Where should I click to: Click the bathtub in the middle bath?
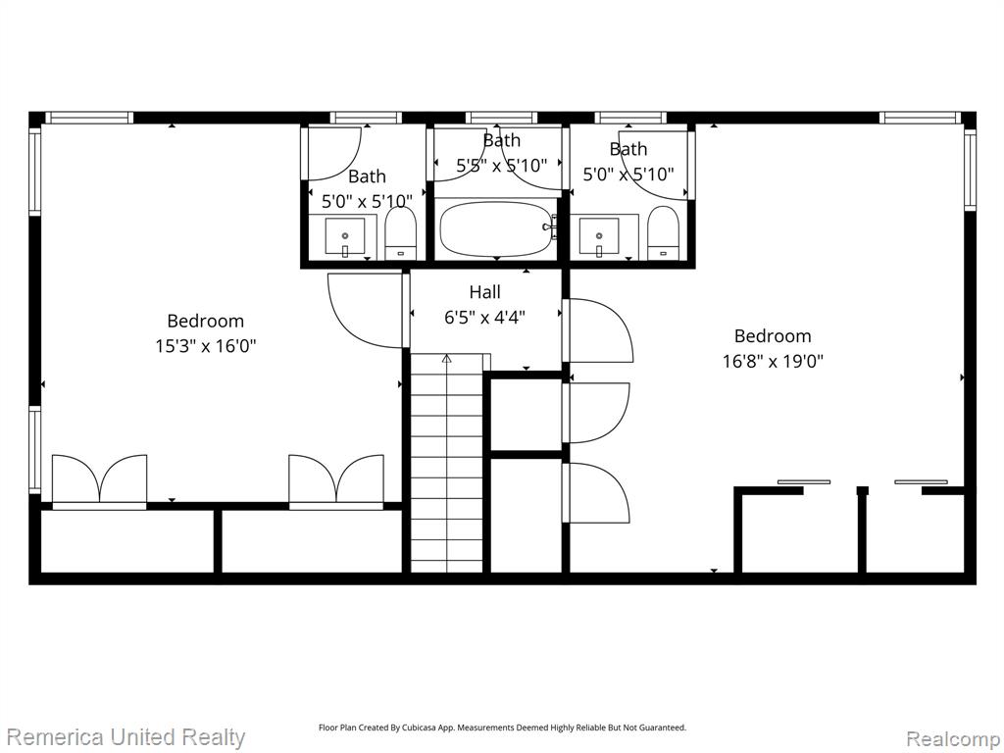497,228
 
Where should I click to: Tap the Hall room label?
484,292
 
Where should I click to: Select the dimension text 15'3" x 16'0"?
206,346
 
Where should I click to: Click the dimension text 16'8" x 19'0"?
773,362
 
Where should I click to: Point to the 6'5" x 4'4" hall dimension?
484,317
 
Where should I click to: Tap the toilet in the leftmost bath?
401,233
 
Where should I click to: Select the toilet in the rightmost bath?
663,233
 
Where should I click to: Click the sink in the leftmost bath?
344,236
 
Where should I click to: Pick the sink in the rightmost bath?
599,236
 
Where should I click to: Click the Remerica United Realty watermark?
125,737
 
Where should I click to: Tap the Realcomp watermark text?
953,739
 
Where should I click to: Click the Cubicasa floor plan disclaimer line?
503,728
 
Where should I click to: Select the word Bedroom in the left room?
206,321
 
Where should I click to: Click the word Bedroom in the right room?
773,336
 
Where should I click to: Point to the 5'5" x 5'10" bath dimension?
501,166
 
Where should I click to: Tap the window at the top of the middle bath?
501,118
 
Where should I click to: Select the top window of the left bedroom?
89,118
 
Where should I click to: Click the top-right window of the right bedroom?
922,118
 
